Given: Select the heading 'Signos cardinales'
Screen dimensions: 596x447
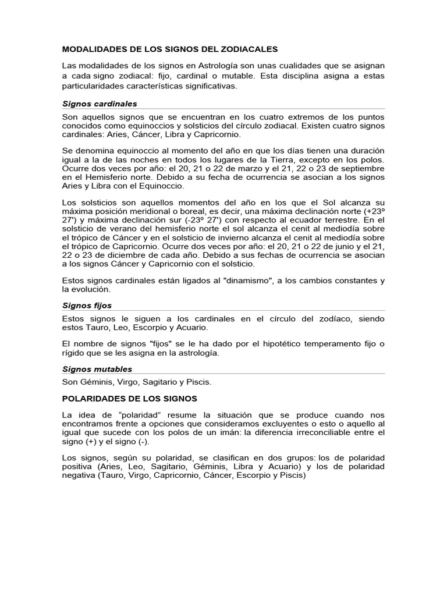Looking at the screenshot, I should (x=100, y=104).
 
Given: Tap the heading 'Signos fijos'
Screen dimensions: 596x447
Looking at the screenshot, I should (x=87, y=305).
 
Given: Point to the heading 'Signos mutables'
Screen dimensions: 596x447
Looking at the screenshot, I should (x=97, y=369).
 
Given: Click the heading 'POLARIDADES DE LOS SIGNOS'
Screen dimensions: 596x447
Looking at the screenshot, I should (x=130, y=399).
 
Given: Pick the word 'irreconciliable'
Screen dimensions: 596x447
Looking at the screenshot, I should (x=333, y=432).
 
